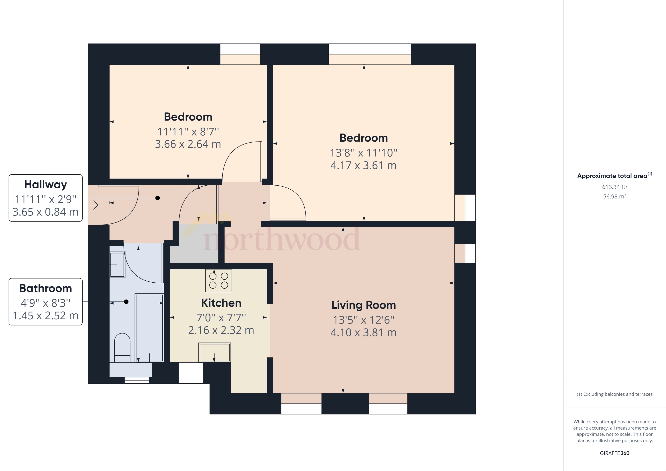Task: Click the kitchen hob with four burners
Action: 218,281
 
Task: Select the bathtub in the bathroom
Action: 149,328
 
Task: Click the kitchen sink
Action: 215,352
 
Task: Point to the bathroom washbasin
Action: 117,265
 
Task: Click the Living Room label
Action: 363,305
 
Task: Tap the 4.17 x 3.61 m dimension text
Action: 363,165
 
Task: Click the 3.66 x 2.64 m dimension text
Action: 188,144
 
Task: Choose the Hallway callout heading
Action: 45,184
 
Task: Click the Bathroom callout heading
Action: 45,288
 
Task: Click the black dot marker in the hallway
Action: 158,198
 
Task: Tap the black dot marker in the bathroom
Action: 126,302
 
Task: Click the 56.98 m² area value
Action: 614,197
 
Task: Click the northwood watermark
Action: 281,239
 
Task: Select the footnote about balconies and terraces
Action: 614,394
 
